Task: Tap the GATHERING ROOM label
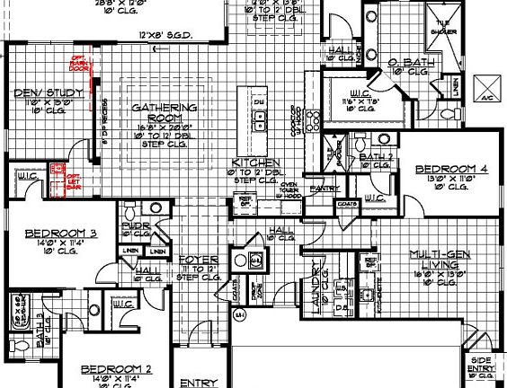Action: tap(164, 111)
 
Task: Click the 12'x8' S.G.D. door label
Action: tap(162, 37)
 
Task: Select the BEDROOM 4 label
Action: tap(444, 168)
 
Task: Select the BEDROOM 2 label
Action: tap(115, 369)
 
